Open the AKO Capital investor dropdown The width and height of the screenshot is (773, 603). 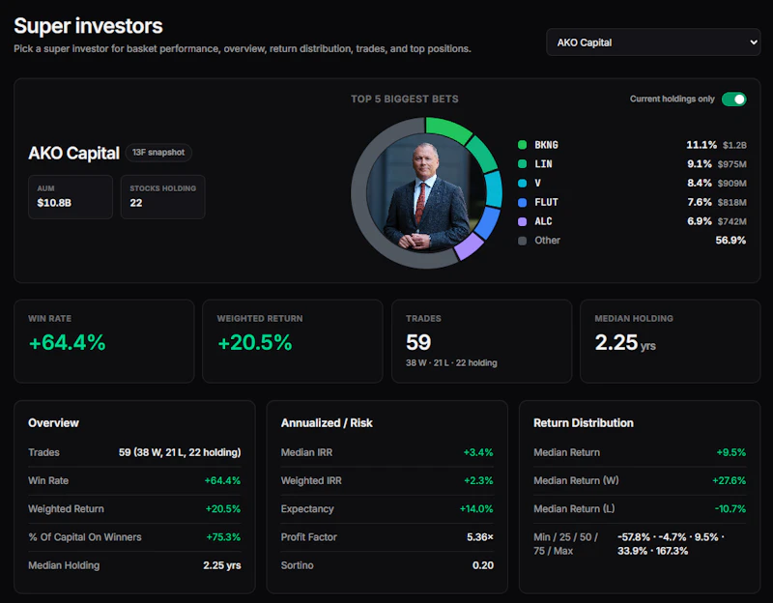pos(653,43)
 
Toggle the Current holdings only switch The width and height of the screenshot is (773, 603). pos(734,100)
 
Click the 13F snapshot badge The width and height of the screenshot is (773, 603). pos(158,153)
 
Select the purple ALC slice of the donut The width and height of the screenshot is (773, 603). pos(469,246)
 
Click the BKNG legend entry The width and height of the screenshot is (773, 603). pos(546,145)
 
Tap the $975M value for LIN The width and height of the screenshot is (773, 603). pos(732,164)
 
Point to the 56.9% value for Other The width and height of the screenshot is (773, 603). pos(730,241)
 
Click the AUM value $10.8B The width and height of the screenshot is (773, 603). pos(54,203)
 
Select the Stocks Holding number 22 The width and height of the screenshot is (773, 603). pos(136,203)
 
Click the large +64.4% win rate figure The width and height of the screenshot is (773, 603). pos(68,342)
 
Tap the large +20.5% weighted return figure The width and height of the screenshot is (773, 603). pos(255,342)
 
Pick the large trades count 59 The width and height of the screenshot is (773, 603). pos(418,342)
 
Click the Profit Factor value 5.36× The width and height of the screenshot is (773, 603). pos(480,537)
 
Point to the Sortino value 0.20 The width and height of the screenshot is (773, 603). pos(482,565)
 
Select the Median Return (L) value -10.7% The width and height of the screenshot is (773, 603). pos(730,509)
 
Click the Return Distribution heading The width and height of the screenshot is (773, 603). pos(584,423)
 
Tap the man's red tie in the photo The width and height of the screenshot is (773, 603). pos(420,202)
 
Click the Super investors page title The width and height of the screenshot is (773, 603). pos(88,26)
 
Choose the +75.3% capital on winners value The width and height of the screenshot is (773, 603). pos(223,537)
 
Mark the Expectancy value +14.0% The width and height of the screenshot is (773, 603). pos(476,509)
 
